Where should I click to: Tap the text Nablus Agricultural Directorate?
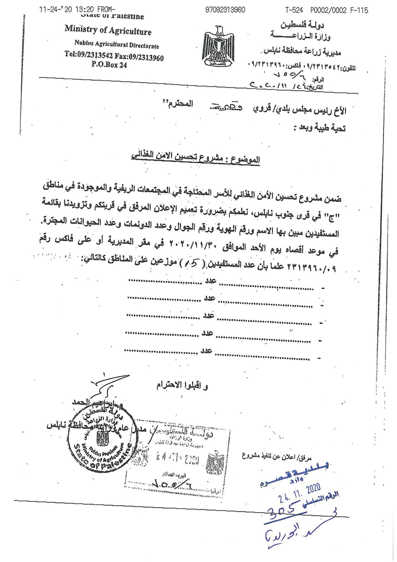(117, 44)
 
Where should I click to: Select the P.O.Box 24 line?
(109, 65)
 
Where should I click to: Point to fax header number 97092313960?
(225, 10)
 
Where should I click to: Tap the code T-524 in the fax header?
(294, 10)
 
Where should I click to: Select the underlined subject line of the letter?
(195, 156)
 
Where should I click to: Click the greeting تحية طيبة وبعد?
(320, 128)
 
